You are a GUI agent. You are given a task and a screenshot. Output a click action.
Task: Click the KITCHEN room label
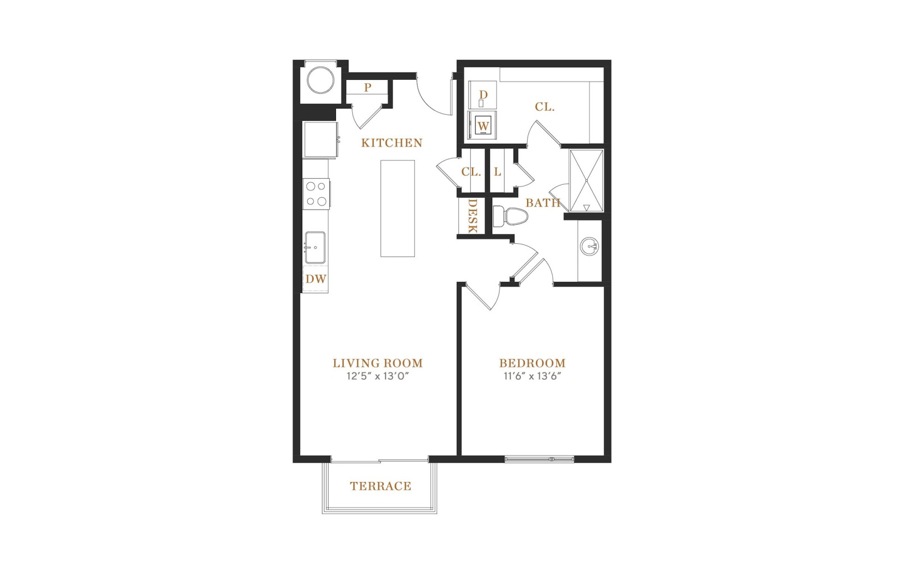[x=392, y=143]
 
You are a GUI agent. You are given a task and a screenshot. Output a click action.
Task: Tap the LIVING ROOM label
[x=378, y=363]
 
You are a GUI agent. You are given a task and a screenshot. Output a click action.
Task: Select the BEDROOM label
[x=532, y=363]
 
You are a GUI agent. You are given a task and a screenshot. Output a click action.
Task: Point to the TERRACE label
[x=380, y=486]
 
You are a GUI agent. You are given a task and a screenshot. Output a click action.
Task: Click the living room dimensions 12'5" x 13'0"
[x=378, y=376]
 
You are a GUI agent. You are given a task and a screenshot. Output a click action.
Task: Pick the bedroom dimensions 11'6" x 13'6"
[x=532, y=376]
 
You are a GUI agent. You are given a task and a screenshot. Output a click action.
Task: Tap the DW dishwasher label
[x=316, y=279]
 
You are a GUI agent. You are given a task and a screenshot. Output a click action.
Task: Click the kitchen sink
[x=315, y=247]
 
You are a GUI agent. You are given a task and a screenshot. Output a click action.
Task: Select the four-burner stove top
[x=317, y=194]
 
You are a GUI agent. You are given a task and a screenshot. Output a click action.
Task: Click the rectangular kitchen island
[x=397, y=208]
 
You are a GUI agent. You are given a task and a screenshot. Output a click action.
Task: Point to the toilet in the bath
[x=510, y=216]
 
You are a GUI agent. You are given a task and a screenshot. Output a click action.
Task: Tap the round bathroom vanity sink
[x=589, y=245]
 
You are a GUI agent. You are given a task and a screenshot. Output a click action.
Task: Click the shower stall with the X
[x=587, y=180]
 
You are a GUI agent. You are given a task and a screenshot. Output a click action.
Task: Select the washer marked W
[x=483, y=125]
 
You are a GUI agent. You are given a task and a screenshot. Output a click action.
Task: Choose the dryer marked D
[x=483, y=95]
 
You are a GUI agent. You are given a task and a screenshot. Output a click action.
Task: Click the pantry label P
[x=367, y=88]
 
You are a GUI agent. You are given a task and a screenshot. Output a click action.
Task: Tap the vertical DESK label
[x=473, y=216]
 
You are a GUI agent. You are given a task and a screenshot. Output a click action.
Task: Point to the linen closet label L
[x=498, y=172]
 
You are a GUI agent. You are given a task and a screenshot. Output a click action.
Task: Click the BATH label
[x=543, y=203]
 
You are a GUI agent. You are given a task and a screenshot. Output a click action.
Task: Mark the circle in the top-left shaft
[x=320, y=80]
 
